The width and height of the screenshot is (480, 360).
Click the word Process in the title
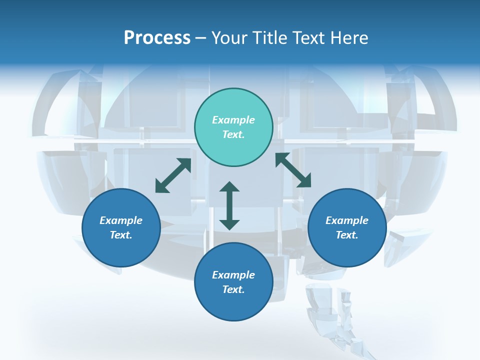tap(157, 38)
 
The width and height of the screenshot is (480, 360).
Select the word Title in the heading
tap(270, 38)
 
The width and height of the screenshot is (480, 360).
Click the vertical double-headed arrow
tap(229, 205)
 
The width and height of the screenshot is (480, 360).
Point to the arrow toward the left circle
tap(173, 175)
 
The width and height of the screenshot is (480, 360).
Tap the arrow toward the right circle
tap(293, 170)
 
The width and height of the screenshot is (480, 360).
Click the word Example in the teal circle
tap(233, 120)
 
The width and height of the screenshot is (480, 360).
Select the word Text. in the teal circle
tap(233, 134)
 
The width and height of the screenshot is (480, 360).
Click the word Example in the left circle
tap(121, 220)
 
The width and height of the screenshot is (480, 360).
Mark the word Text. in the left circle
tap(121, 235)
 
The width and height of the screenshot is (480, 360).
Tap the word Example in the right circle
tap(347, 220)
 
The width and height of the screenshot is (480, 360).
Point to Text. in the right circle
tap(347, 235)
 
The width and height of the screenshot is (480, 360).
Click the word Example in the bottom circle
tap(233, 275)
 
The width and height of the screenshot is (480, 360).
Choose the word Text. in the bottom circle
tap(233, 289)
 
